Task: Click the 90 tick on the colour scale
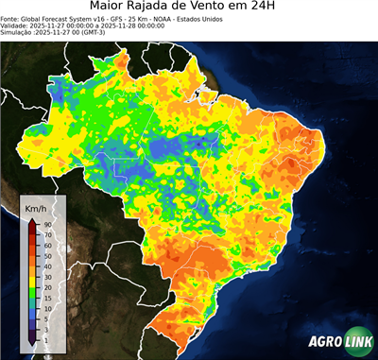pyautogui.click(x=46, y=224)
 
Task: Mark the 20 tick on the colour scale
pyautogui.click(x=46, y=288)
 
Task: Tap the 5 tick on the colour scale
pyautogui.click(x=44, y=316)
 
